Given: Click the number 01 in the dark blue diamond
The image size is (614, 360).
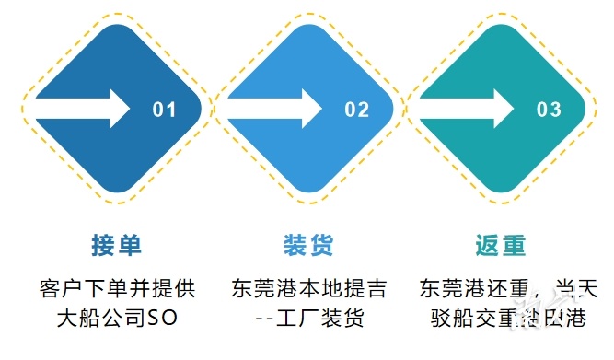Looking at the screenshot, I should pyautogui.click(x=164, y=110).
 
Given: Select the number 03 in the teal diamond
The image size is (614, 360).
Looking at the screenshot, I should pyautogui.click(x=549, y=110).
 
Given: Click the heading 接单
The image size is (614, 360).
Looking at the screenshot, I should pyautogui.click(x=117, y=246).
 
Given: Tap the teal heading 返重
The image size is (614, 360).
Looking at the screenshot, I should pyautogui.click(x=501, y=246).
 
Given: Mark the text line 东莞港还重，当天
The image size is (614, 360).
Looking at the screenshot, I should pyautogui.click(x=502, y=287).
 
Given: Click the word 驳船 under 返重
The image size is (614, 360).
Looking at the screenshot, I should pyautogui.click(x=450, y=319).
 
